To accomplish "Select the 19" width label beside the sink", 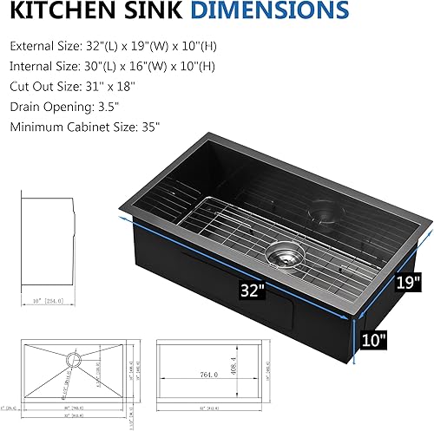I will pos(406,281).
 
